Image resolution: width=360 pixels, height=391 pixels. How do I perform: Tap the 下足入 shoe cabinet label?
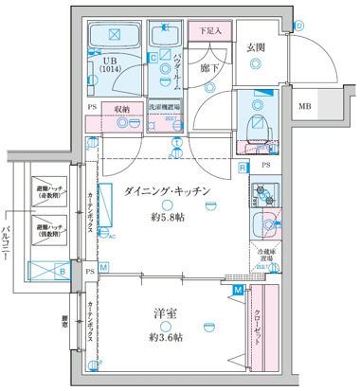point(211,31)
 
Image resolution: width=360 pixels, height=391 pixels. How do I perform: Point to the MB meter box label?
point(306,107)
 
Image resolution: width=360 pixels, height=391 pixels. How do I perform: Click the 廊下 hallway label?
point(211,68)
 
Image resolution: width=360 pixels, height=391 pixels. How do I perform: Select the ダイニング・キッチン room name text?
point(166,191)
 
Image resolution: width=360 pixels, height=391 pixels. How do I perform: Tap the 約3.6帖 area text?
point(167,337)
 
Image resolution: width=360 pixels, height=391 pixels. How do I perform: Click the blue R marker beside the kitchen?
point(243,168)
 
